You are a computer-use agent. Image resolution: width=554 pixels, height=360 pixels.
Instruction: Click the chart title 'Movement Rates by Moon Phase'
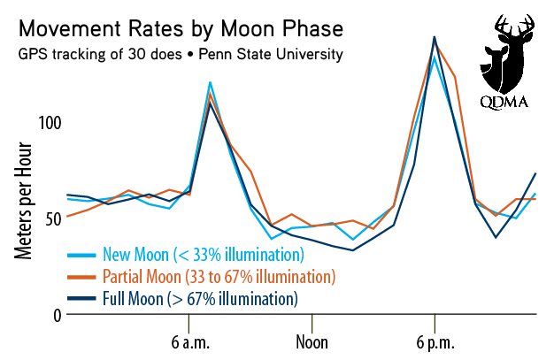pyautogui.click(x=180, y=29)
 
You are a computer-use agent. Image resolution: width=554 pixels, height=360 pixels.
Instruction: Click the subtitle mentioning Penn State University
pyautogui.click(x=180, y=55)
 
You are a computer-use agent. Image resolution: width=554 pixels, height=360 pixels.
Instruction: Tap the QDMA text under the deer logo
pyautogui.click(x=504, y=102)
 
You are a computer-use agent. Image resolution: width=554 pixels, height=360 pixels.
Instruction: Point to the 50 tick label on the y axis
pyautogui.click(x=52, y=218)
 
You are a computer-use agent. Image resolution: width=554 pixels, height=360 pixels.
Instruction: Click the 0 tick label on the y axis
pyautogui.click(x=57, y=315)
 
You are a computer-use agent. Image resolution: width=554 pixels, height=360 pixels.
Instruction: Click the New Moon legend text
pyautogui.click(x=204, y=255)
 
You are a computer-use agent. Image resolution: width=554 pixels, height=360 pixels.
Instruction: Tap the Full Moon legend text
pyautogui.click(x=200, y=299)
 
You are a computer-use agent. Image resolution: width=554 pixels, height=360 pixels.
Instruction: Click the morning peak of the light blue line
pyautogui.click(x=210, y=82)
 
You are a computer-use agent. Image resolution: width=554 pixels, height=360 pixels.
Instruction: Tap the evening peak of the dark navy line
pyautogui.click(x=435, y=37)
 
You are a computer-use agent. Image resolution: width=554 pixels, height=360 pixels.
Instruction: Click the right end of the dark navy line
pyautogui.click(x=536, y=173)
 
